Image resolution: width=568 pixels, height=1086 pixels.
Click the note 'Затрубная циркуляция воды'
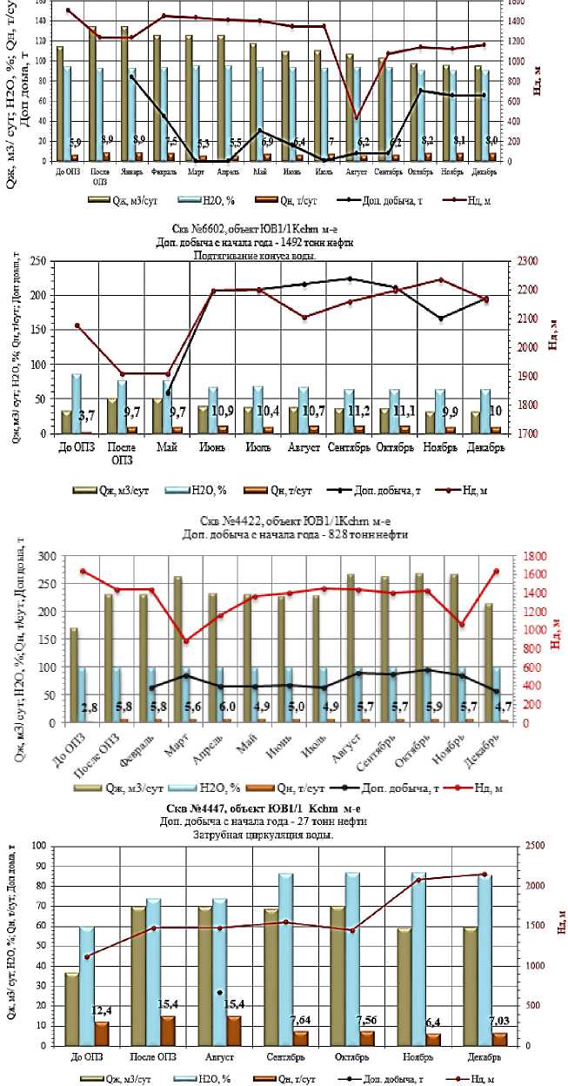point(284,834)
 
